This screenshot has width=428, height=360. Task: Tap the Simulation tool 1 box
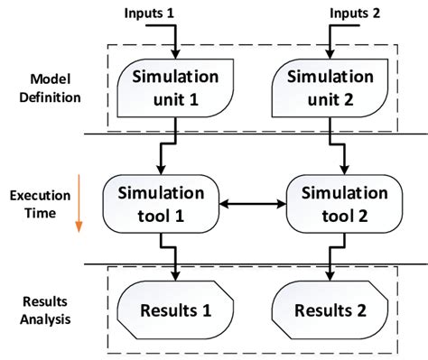pyautogui.click(x=163, y=205)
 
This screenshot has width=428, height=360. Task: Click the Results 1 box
pyautogui.click(x=177, y=311)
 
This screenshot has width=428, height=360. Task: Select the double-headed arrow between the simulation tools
pyautogui.click(x=253, y=206)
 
